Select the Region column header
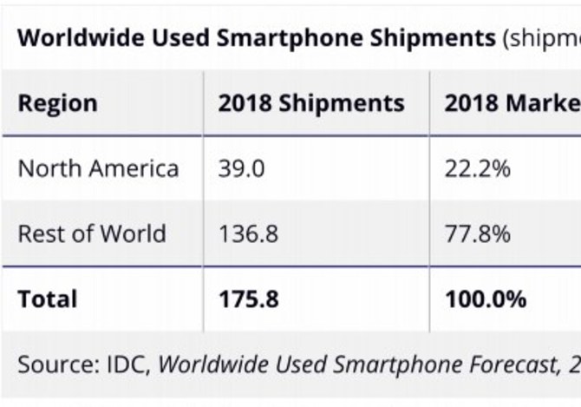click(x=58, y=103)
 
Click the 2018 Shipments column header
click(x=311, y=103)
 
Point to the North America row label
click(x=98, y=167)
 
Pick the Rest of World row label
click(x=92, y=233)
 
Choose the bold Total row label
click(x=48, y=299)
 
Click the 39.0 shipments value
click(x=242, y=167)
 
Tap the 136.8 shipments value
click(x=248, y=233)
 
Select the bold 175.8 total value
click(x=249, y=299)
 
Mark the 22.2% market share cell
click(x=478, y=167)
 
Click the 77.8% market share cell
click(x=478, y=233)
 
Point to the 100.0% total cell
click(x=486, y=299)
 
